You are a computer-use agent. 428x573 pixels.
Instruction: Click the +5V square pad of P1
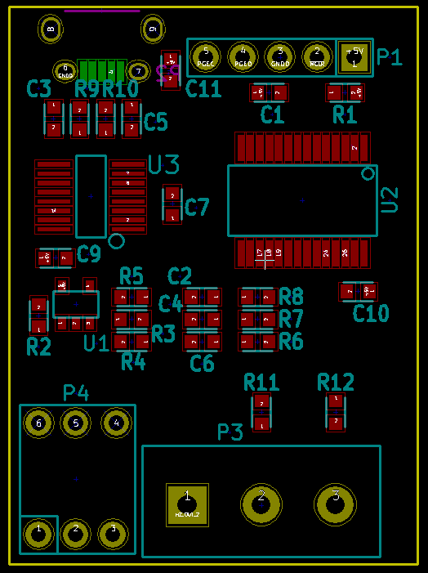pos(354,58)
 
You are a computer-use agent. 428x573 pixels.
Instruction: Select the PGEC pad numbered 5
pos(206,56)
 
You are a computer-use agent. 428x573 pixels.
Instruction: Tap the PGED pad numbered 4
pos(243,56)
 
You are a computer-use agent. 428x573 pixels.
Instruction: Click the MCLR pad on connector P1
pos(317,56)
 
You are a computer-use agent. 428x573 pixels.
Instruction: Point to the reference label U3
pos(163,165)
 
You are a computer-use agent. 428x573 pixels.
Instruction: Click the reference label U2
pos(390,199)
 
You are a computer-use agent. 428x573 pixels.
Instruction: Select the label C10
pos(371,313)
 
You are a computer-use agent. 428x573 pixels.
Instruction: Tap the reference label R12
pos(336,382)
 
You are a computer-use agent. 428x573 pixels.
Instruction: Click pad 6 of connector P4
pos(38,423)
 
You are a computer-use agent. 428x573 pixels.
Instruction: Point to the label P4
pos(76,393)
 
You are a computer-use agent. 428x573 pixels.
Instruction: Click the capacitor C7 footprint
pos(172,204)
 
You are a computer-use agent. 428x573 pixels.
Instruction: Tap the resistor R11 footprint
pos(261,413)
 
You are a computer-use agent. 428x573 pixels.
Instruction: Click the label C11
pos(203,89)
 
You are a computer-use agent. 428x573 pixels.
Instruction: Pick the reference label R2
pos(38,347)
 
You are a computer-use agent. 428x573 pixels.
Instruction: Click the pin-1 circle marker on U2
pos(368,173)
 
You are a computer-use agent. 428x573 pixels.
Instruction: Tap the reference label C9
pos(88,255)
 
